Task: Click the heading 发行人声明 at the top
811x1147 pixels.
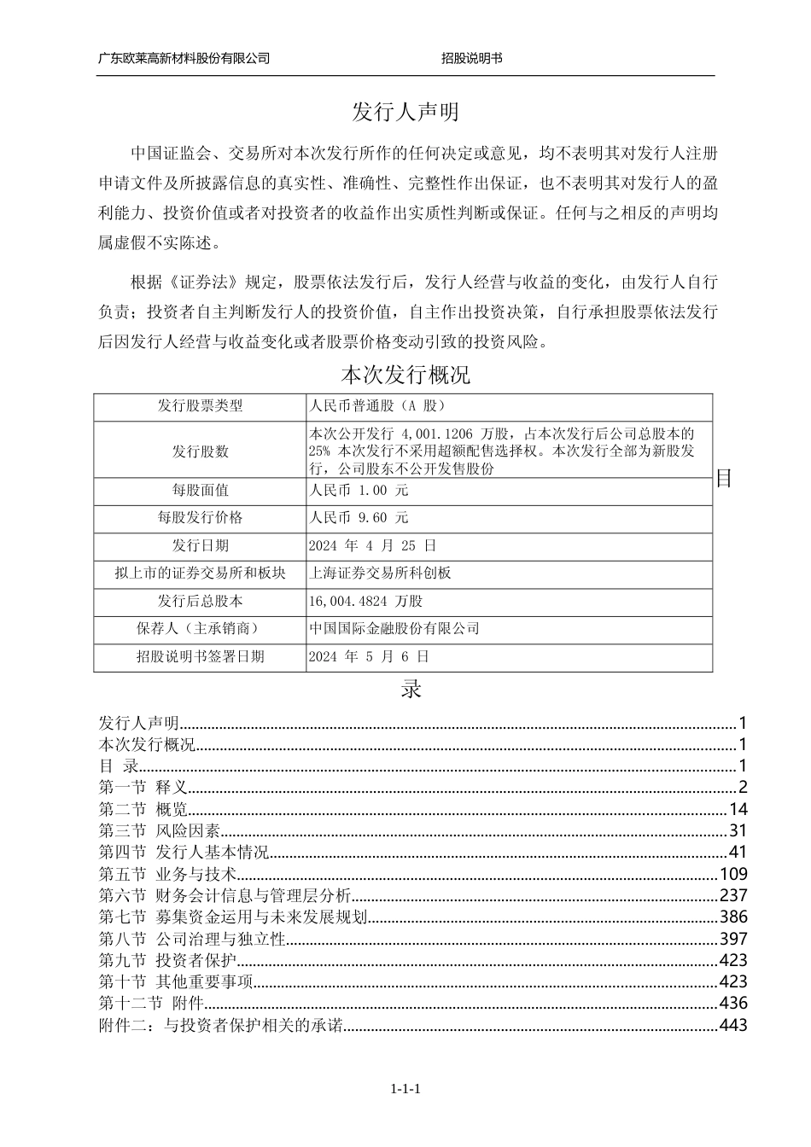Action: pyautogui.click(x=405, y=112)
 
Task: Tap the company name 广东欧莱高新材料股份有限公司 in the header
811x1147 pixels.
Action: pyautogui.click(x=184, y=58)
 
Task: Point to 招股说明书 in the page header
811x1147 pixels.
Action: pyautogui.click(x=471, y=58)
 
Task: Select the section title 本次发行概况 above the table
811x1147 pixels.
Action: pyautogui.click(x=405, y=375)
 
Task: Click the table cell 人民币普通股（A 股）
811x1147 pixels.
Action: pyautogui.click(x=376, y=406)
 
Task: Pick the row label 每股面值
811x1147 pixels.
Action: pyautogui.click(x=200, y=491)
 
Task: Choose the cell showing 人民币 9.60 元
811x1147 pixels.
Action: pyautogui.click(x=359, y=518)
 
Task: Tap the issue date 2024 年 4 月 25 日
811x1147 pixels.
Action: pyautogui.click(x=372, y=545)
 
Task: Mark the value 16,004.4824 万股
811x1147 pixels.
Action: pyautogui.click(x=366, y=602)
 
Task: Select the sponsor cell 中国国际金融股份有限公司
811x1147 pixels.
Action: pyautogui.click(x=394, y=629)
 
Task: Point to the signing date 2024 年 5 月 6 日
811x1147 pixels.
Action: pyautogui.click(x=369, y=657)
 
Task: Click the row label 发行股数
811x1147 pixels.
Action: pyautogui.click(x=200, y=451)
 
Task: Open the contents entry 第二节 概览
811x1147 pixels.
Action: pyautogui.click(x=143, y=809)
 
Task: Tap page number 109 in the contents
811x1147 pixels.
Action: pyautogui.click(x=733, y=874)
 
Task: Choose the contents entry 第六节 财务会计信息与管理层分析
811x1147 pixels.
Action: pyautogui.click(x=225, y=895)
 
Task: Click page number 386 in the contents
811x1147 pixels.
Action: pyautogui.click(x=733, y=917)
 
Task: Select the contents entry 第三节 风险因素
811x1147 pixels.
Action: pyautogui.click(x=160, y=830)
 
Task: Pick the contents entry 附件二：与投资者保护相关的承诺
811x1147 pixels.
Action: pyautogui.click(x=221, y=1025)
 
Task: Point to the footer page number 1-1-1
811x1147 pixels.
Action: pyautogui.click(x=406, y=1090)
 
